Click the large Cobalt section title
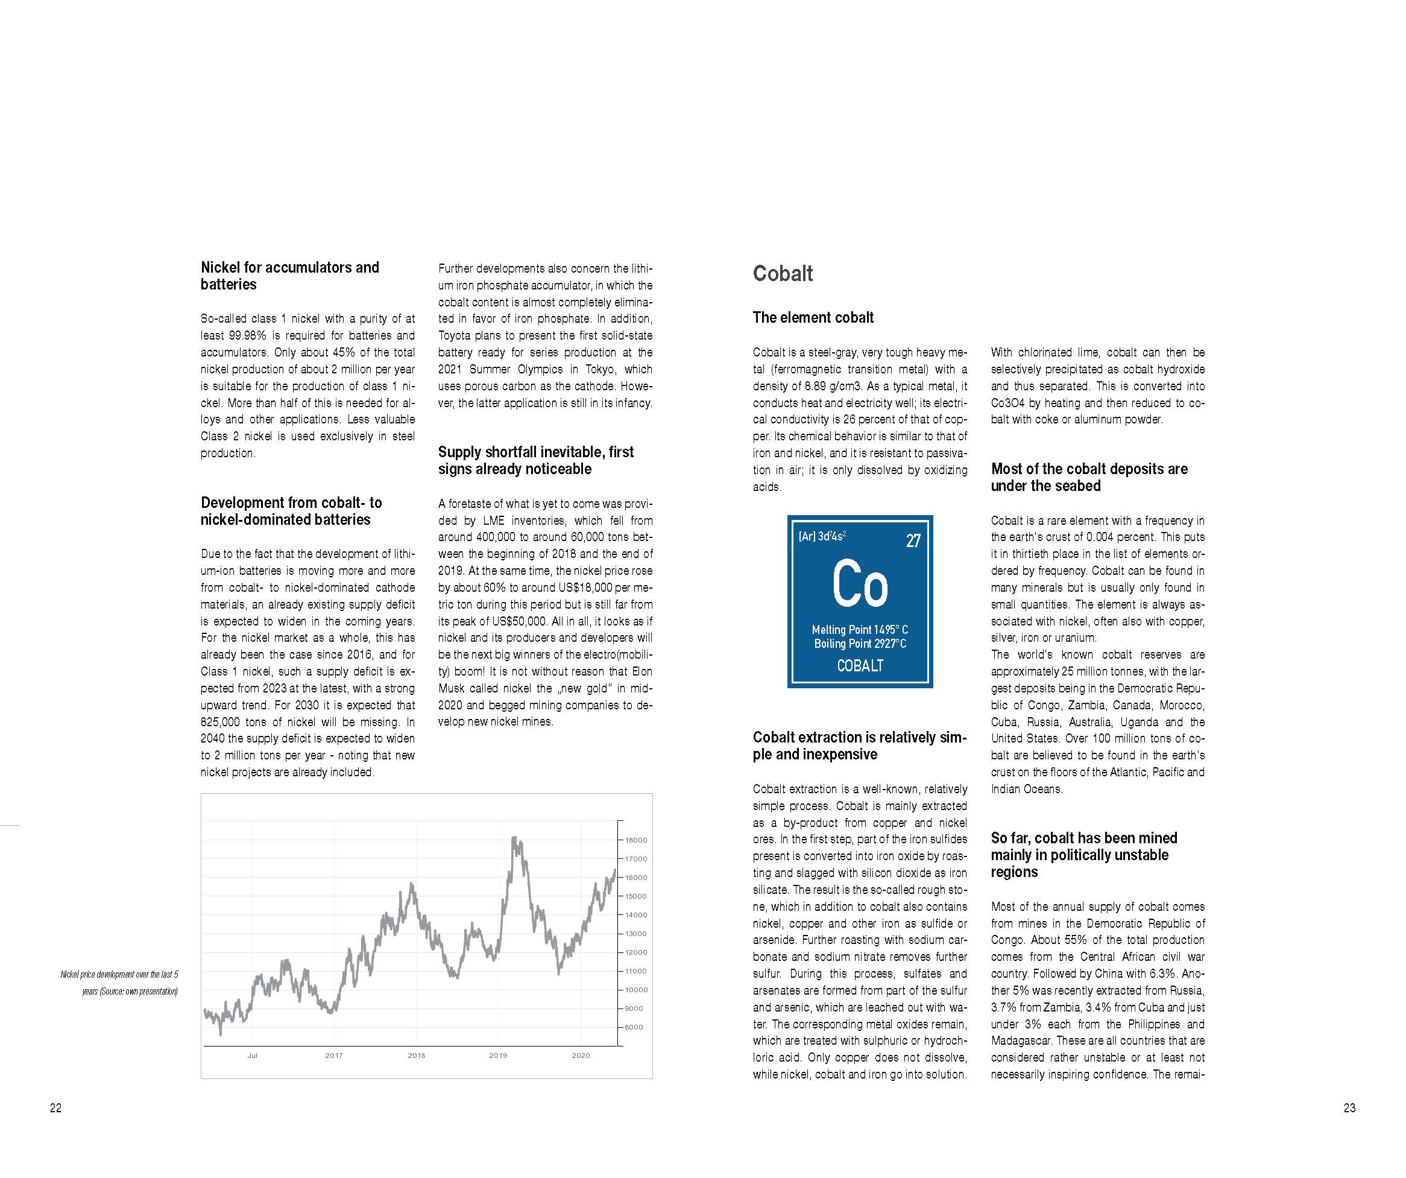coord(782,273)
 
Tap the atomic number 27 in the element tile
coord(913,540)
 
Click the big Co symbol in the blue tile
coord(860,584)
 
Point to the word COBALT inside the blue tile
coord(860,666)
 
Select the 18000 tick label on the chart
coord(636,840)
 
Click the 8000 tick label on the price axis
coord(634,1027)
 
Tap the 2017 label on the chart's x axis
coord(333,1056)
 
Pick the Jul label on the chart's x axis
coord(252,1056)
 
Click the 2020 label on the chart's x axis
coord(581,1056)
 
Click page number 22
coord(55,1107)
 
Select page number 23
coord(1349,1107)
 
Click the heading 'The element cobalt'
coord(813,317)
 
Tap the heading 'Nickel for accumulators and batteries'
coord(289,276)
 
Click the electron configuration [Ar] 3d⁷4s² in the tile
coord(822,536)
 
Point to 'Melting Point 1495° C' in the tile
coord(860,630)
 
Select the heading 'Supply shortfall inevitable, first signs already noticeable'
coord(535,460)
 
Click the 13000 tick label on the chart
coord(636,934)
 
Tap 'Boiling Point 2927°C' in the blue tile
coord(860,644)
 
